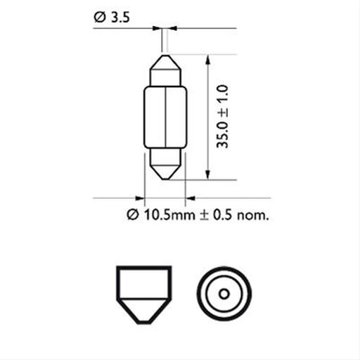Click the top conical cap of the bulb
[x=165, y=70]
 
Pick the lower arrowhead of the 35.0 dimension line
[x=209, y=174]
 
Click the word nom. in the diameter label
[x=255, y=214]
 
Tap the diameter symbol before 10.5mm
[x=131, y=214]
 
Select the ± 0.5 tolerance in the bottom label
[x=219, y=214]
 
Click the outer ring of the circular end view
[x=223, y=270]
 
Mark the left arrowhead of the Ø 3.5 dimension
[x=157, y=29]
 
